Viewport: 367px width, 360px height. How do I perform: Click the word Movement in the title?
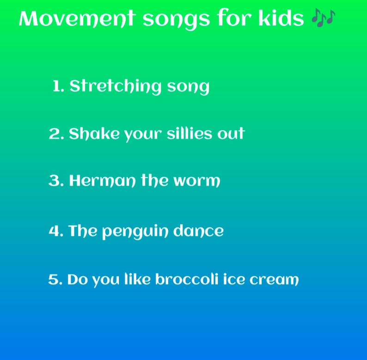tap(77, 19)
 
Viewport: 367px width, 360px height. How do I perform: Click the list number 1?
tap(57, 86)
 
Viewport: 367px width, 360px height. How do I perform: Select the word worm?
tap(197, 181)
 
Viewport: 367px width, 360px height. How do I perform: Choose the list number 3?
tap(55, 181)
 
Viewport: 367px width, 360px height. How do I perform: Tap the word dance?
tap(198, 231)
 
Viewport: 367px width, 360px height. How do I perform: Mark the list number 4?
tap(55, 231)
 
